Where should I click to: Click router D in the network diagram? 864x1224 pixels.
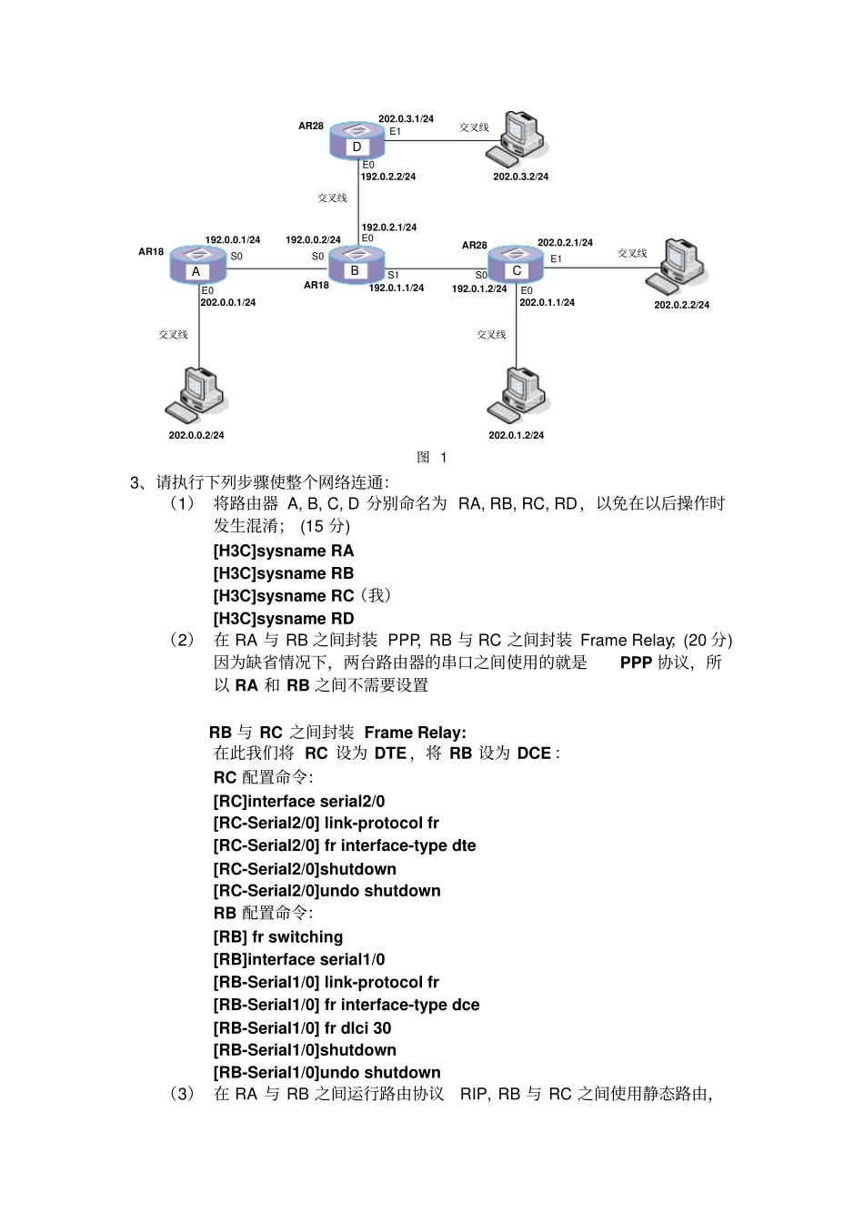tap(357, 141)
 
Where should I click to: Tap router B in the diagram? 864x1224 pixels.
tap(355, 265)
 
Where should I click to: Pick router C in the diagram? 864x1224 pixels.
tap(516, 264)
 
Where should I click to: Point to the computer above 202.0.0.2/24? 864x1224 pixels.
tap(196, 395)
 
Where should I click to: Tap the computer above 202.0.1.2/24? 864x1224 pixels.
tap(518, 395)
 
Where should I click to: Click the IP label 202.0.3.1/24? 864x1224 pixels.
tap(406, 118)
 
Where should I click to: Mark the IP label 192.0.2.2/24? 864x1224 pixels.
tap(388, 177)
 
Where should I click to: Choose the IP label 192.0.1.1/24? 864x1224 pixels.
tap(396, 288)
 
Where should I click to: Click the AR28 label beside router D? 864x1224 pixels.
tap(311, 126)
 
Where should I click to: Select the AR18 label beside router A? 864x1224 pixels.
tap(151, 251)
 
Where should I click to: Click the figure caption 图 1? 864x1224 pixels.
tap(432, 458)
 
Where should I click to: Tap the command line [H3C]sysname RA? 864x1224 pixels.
tap(284, 551)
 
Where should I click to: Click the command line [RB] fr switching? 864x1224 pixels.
tap(278, 937)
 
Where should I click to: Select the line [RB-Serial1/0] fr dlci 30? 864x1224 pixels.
tap(302, 1028)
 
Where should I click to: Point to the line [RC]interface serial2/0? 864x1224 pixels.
tap(299, 802)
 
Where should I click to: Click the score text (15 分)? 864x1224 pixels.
tap(325, 526)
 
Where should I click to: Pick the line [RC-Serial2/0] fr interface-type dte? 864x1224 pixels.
tap(345, 846)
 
